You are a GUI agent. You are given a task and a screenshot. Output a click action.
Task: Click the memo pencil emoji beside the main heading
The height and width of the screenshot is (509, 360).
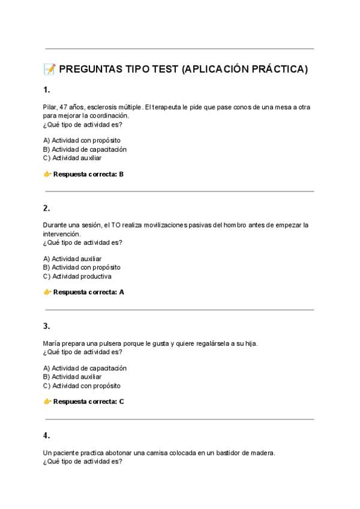click(50, 70)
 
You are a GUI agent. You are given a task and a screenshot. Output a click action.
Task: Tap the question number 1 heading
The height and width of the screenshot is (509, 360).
click(46, 90)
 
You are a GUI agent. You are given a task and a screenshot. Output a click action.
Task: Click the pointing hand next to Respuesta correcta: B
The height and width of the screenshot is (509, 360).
click(47, 175)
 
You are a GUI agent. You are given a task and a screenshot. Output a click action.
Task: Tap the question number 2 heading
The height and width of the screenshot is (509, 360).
click(46, 208)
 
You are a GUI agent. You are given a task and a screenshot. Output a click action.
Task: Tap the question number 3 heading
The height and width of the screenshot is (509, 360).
click(46, 326)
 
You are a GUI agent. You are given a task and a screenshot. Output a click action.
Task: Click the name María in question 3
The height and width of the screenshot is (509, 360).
click(52, 343)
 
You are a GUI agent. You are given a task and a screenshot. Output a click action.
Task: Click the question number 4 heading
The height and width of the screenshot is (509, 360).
click(46, 435)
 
